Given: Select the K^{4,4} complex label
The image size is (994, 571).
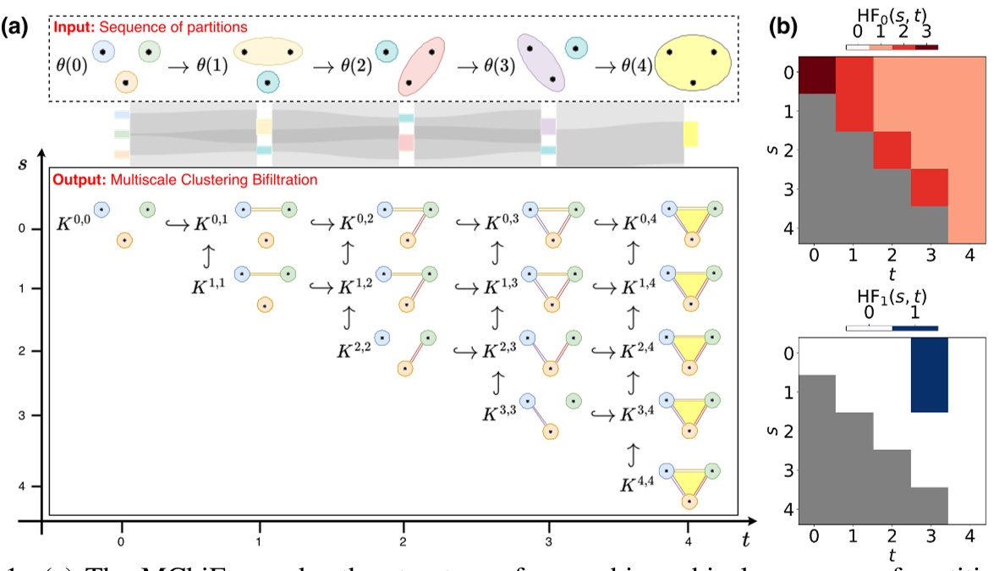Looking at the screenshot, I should tap(640, 485).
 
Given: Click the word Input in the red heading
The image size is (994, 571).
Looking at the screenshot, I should tap(70, 27).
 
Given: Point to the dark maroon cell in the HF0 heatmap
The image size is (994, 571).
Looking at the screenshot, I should tap(817, 74).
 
